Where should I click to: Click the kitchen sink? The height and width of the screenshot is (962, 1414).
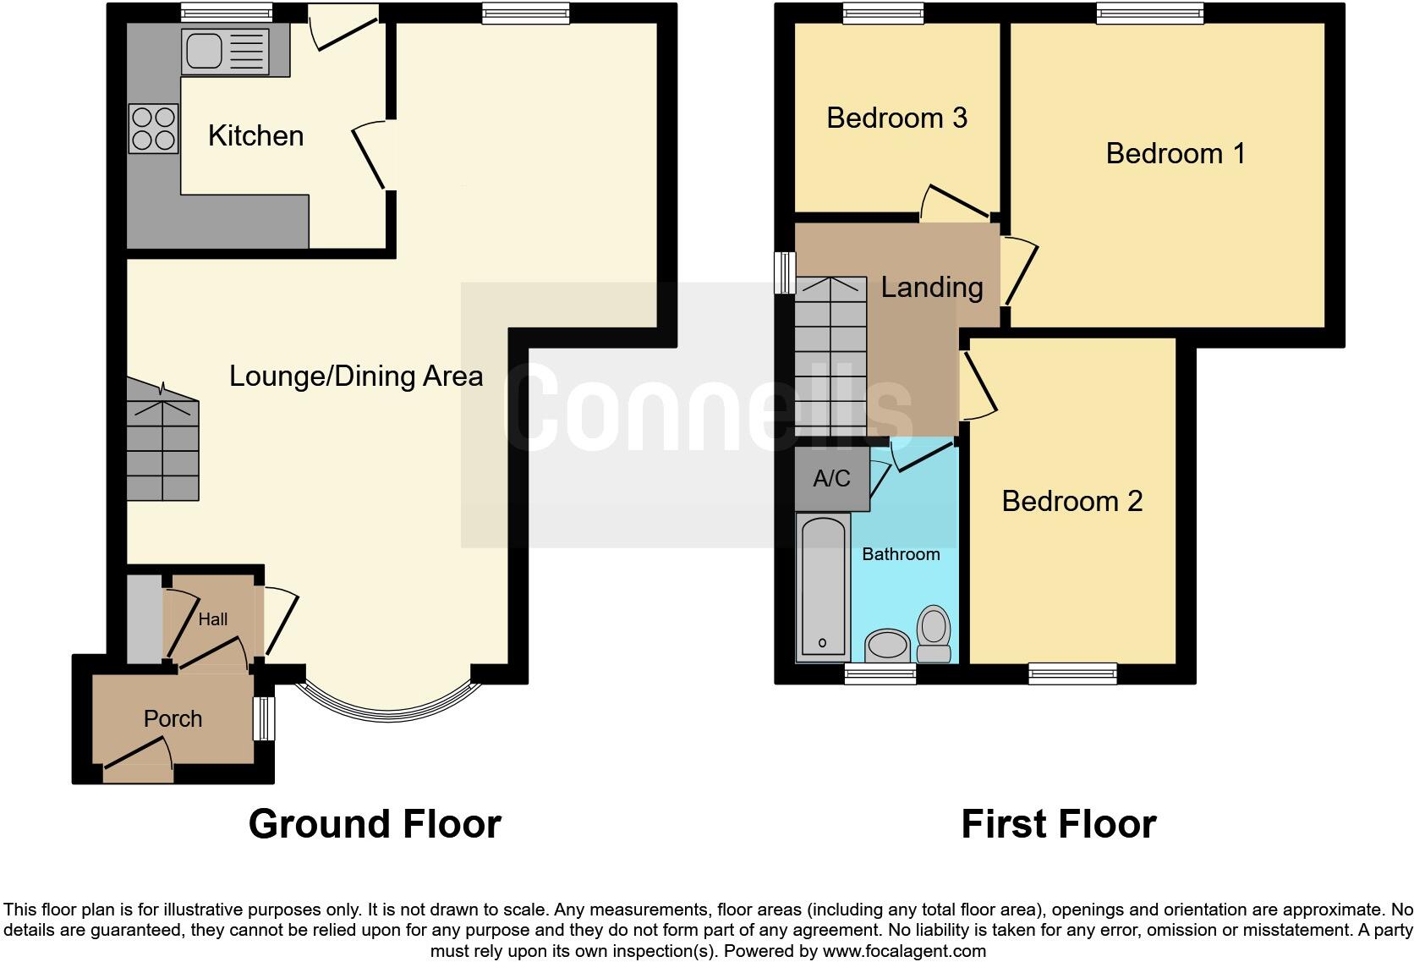pyautogui.click(x=224, y=52)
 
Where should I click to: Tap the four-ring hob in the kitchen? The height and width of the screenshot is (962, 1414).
pyautogui.click(x=153, y=129)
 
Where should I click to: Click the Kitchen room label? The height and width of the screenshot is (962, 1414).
pyautogui.click(x=255, y=136)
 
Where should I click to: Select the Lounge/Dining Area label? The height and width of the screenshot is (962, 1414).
pyautogui.click(x=356, y=376)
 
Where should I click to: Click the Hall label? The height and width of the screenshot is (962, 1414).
pyautogui.click(x=212, y=619)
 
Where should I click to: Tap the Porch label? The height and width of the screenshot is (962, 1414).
pyautogui.click(x=173, y=718)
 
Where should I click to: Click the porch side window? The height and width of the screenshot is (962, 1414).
pyautogui.click(x=266, y=718)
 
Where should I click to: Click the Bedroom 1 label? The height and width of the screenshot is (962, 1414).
pyautogui.click(x=1175, y=153)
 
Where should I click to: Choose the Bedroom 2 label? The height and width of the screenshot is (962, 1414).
pyautogui.click(x=1071, y=501)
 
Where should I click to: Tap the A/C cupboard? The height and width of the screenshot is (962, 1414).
pyautogui.click(x=831, y=479)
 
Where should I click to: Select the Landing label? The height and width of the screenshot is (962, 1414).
pyautogui.click(x=931, y=287)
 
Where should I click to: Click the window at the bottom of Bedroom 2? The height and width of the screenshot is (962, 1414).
pyautogui.click(x=1072, y=673)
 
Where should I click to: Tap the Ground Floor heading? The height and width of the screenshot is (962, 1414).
pyautogui.click(x=375, y=824)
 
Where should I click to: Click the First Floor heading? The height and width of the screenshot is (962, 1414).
pyautogui.click(x=1058, y=824)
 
